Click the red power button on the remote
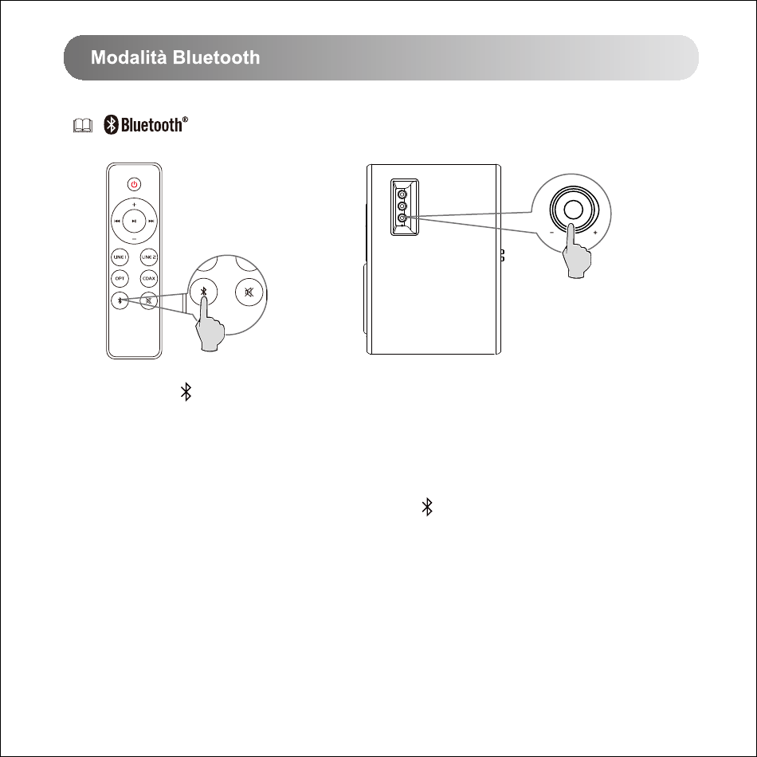coord(134,184)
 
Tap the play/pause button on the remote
coord(134,221)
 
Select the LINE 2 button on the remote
coord(149,257)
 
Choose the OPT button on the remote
coord(120,279)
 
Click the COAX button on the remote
coord(149,279)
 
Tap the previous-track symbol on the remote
coord(117,221)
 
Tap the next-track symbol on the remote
coord(151,221)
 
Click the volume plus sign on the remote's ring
coord(134,204)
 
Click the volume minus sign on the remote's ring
coord(134,239)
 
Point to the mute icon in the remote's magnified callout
coord(249,292)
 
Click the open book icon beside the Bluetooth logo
coord(83,126)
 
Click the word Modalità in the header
coord(129,57)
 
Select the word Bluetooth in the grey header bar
coord(216,57)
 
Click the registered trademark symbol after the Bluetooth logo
coord(185,120)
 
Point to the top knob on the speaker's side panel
coord(402,194)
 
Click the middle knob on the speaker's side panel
coord(402,206)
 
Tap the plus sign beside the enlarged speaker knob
coord(595,233)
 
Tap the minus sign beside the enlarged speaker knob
coord(552,233)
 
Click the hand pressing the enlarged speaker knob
coord(576,252)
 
